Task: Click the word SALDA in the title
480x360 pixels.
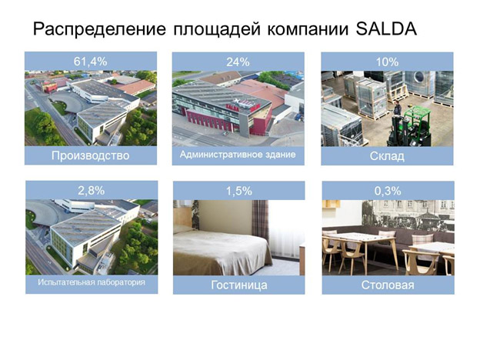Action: click(386, 29)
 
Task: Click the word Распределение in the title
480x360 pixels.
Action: click(99, 30)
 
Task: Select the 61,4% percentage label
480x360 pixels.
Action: click(90, 62)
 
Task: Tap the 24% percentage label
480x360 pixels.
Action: click(238, 62)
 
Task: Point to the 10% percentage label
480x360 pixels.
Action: click(387, 62)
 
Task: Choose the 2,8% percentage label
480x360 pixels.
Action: click(92, 191)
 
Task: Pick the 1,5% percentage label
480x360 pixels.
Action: click(238, 192)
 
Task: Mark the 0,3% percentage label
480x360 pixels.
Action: click(388, 192)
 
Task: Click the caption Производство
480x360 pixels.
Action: click(90, 155)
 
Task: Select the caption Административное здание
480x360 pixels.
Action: click(238, 155)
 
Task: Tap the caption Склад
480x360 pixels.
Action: click(387, 156)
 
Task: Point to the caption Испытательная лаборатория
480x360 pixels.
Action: click(92, 282)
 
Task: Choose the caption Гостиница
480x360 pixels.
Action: click(238, 285)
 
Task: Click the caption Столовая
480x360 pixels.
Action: click(388, 285)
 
